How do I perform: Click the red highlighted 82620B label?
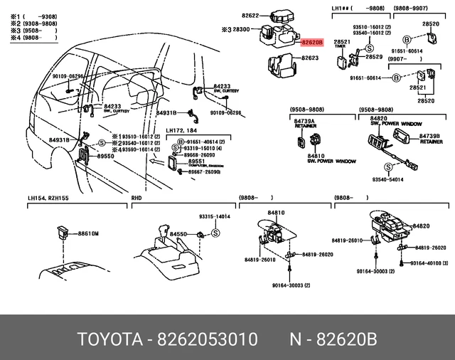[311, 43]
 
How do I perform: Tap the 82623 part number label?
[311, 58]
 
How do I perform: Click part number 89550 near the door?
[106, 155]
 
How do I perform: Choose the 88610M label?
[88, 233]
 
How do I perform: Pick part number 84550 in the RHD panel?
[177, 233]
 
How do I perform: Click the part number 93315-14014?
[214, 216]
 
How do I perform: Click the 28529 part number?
[374, 57]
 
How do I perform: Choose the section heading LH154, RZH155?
[50, 199]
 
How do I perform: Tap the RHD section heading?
[137, 199]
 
